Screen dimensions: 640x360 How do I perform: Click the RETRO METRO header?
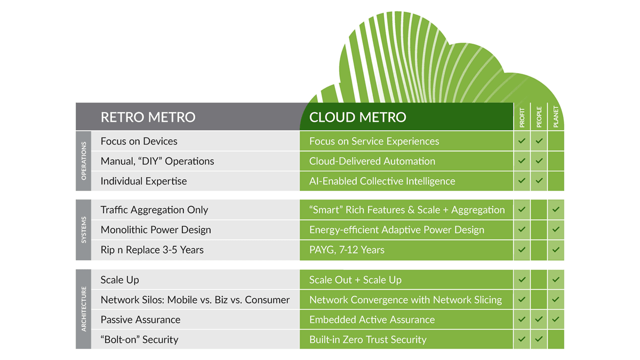[x=148, y=117]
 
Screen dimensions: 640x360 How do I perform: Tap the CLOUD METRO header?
[x=357, y=117]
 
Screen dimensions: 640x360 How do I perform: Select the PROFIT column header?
[x=522, y=117]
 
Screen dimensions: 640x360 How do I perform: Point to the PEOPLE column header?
[x=539, y=117]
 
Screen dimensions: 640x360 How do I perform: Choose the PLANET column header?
[x=556, y=117]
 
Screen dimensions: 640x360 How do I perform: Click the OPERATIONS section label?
[x=83, y=161]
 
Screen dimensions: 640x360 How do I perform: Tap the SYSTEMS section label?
[x=83, y=230]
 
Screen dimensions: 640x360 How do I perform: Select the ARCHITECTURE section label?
[x=83, y=309]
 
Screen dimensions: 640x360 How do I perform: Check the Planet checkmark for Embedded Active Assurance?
[x=556, y=319]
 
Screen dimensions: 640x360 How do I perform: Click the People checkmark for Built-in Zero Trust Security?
[x=539, y=339]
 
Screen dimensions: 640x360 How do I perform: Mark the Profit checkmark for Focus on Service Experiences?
[x=522, y=141]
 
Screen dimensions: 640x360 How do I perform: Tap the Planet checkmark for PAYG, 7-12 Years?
[x=556, y=250]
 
